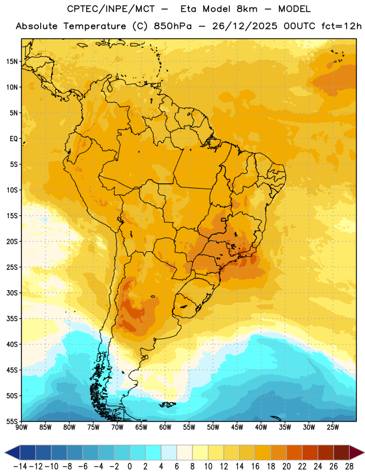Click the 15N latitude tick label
pos(12,61)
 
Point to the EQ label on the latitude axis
pos(14,139)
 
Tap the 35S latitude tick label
pos(12,319)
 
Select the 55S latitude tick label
pos(12,421)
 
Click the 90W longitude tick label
pos(21,427)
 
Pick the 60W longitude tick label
pos(165,427)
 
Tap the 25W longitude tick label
pos(333,427)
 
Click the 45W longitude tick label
pos(237,427)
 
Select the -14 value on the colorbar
pos(20,466)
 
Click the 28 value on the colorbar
pos(349,466)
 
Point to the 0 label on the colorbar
pos(129,466)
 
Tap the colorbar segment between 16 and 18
pos(263,452)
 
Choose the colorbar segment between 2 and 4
pos(154,452)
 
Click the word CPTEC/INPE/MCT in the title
pos(111,9)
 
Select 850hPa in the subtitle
pos(172,26)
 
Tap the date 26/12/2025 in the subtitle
pos(245,26)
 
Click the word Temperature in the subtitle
pos(94,26)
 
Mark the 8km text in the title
pos(247,9)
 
